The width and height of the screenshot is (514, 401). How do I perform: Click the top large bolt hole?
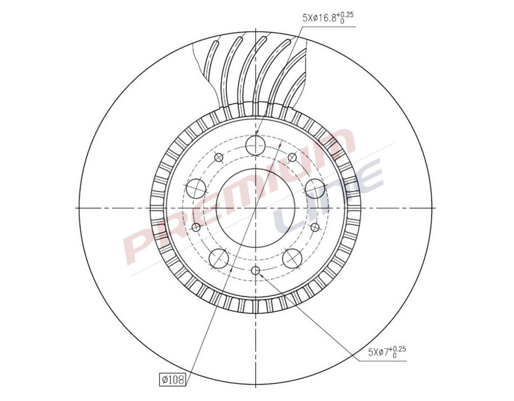coord(255,146)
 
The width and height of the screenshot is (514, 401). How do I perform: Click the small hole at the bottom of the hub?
coord(255,270)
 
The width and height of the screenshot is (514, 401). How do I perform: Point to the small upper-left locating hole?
coord(218,157)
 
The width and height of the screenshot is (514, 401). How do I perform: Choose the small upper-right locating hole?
coord(292,157)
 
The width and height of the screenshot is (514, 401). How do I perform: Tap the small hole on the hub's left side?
coord(196,227)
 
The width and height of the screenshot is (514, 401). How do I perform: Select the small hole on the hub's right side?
coord(315,227)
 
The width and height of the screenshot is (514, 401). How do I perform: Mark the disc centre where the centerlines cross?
coord(255,207)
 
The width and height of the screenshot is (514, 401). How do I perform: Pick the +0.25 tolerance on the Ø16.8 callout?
coord(347,14)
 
